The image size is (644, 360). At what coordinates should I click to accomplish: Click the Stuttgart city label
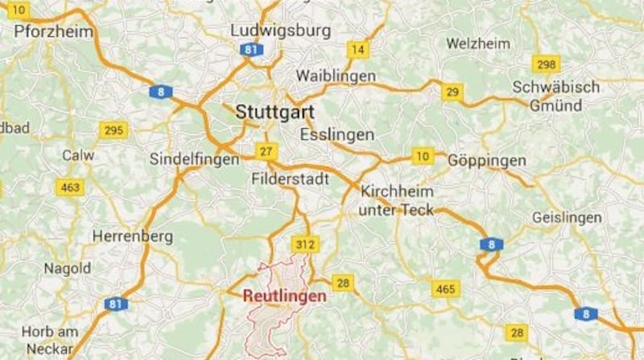[x=275, y=113]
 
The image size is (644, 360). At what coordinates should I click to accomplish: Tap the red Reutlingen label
[x=285, y=296]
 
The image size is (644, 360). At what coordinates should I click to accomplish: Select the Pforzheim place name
[x=54, y=32]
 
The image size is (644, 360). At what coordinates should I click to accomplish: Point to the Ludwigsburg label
[x=280, y=31]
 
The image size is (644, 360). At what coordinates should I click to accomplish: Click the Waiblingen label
[x=336, y=76]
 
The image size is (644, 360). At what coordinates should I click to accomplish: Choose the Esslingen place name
[x=336, y=134]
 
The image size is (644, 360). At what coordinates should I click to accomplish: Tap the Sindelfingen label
[x=195, y=159]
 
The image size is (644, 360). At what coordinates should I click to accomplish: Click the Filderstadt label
[x=290, y=179]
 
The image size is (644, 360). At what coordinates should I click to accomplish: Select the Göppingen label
[x=487, y=161]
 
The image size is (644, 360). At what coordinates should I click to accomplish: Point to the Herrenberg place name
[x=133, y=237]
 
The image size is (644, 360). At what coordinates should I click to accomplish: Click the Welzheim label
[x=478, y=42]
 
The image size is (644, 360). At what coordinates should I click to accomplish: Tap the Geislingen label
[x=567, y=218]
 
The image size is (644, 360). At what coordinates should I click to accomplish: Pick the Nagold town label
[x=68, y=268]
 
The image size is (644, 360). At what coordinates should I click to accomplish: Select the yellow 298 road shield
[x=546, y=65]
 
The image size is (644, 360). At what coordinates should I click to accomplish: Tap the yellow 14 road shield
[x=357, y=50]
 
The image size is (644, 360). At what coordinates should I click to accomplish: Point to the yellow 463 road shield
[x=69, y=188]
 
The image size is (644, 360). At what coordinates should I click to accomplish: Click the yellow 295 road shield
[x=113, y=130]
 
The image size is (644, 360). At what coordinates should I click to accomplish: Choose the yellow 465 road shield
[x=444, y=288]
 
